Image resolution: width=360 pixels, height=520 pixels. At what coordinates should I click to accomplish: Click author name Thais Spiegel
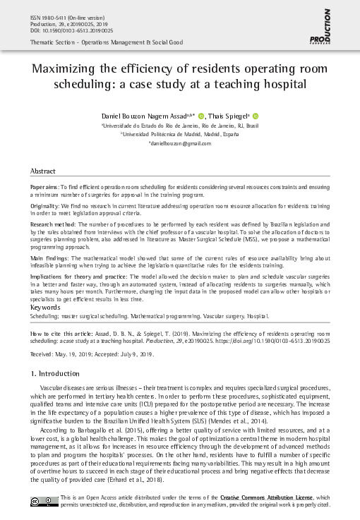tap(229, 115)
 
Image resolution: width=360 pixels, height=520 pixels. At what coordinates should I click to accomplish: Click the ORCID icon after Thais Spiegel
tap(256, 115)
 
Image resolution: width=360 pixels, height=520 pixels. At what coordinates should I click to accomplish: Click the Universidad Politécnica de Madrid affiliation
tap(179, 133)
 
